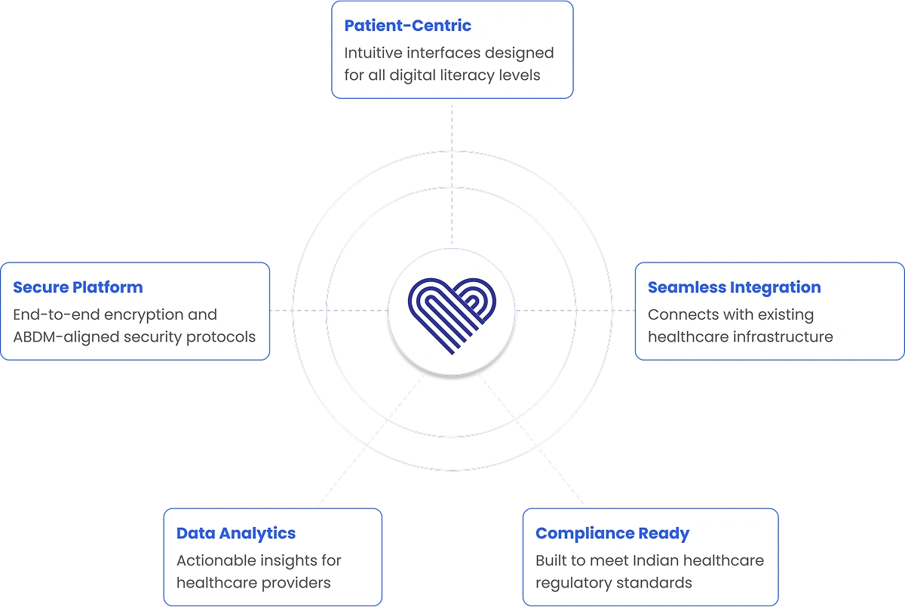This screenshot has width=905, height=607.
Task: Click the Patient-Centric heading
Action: tap(407, 26)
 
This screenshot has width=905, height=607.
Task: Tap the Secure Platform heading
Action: tap(78, 287)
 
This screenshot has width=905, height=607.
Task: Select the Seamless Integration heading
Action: tap(734, 287)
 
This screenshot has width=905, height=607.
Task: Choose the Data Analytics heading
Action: tap(235, 533)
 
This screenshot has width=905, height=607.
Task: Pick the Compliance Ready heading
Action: tap(612, 533)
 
